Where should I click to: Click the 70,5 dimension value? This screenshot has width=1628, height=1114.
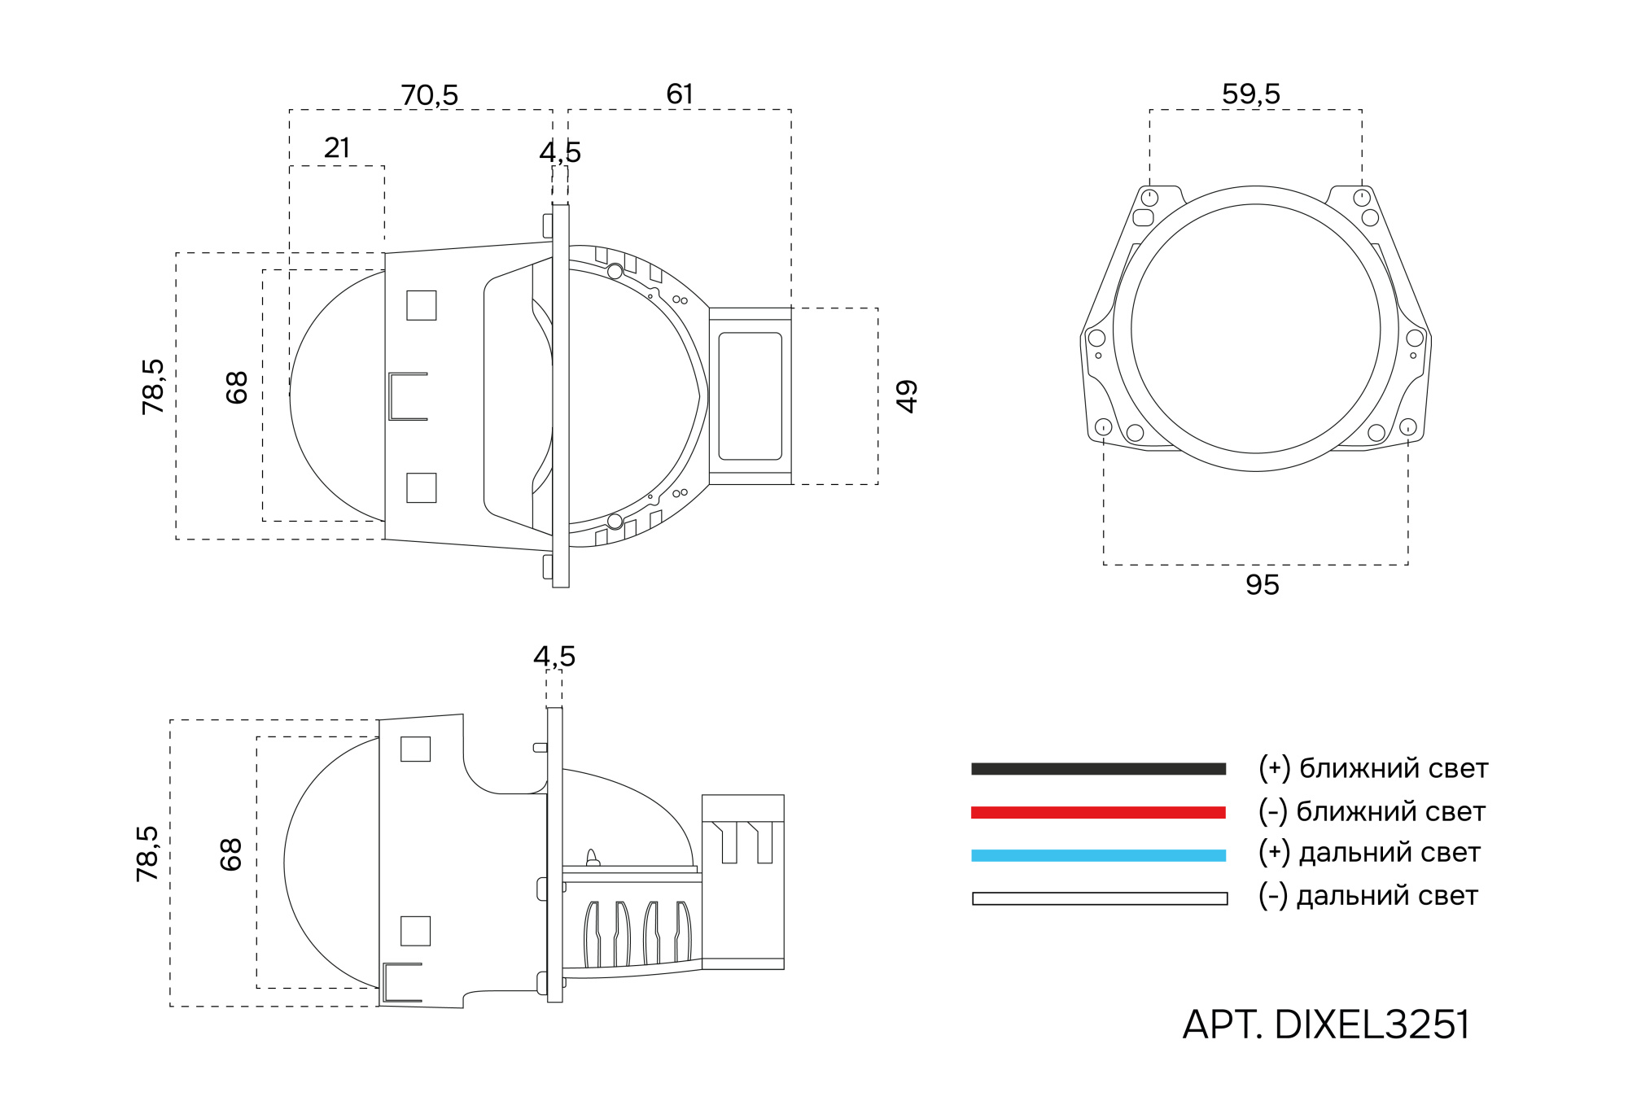tap(429, 95)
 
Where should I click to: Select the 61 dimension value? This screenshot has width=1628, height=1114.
tap(680, 94)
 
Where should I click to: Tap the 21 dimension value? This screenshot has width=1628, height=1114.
tap(337, 148)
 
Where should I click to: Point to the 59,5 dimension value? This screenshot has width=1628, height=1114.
tap(1251, 94)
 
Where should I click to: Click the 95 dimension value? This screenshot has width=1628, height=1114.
tap(1262, 585)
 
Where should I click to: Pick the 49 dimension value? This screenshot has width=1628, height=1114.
tap(906, 396)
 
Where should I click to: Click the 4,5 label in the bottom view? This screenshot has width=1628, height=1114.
tap(554, 657)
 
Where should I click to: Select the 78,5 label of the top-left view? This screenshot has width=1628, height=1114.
tap(153, 387)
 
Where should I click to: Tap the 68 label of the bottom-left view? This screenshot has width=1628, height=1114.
tap(231, 854)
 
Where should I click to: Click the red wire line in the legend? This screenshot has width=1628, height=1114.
tap(1098, 812)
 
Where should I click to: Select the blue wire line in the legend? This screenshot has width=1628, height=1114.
tap(1098, 855)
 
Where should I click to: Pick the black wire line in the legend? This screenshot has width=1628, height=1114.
tap(1098, 769)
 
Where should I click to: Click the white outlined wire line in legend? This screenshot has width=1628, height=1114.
tap(1099, 898)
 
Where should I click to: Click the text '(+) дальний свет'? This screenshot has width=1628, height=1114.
tap(1369, 853)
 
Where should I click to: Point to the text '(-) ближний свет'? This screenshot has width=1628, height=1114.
tap(1372, 811)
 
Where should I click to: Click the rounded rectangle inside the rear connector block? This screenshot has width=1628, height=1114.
tap(750, 396)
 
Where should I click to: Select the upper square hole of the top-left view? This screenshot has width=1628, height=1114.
tap(421, 305)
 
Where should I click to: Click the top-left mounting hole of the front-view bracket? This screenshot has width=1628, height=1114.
tap(1149, 198)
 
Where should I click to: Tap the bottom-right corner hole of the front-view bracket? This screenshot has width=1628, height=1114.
tap(1407, 426)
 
